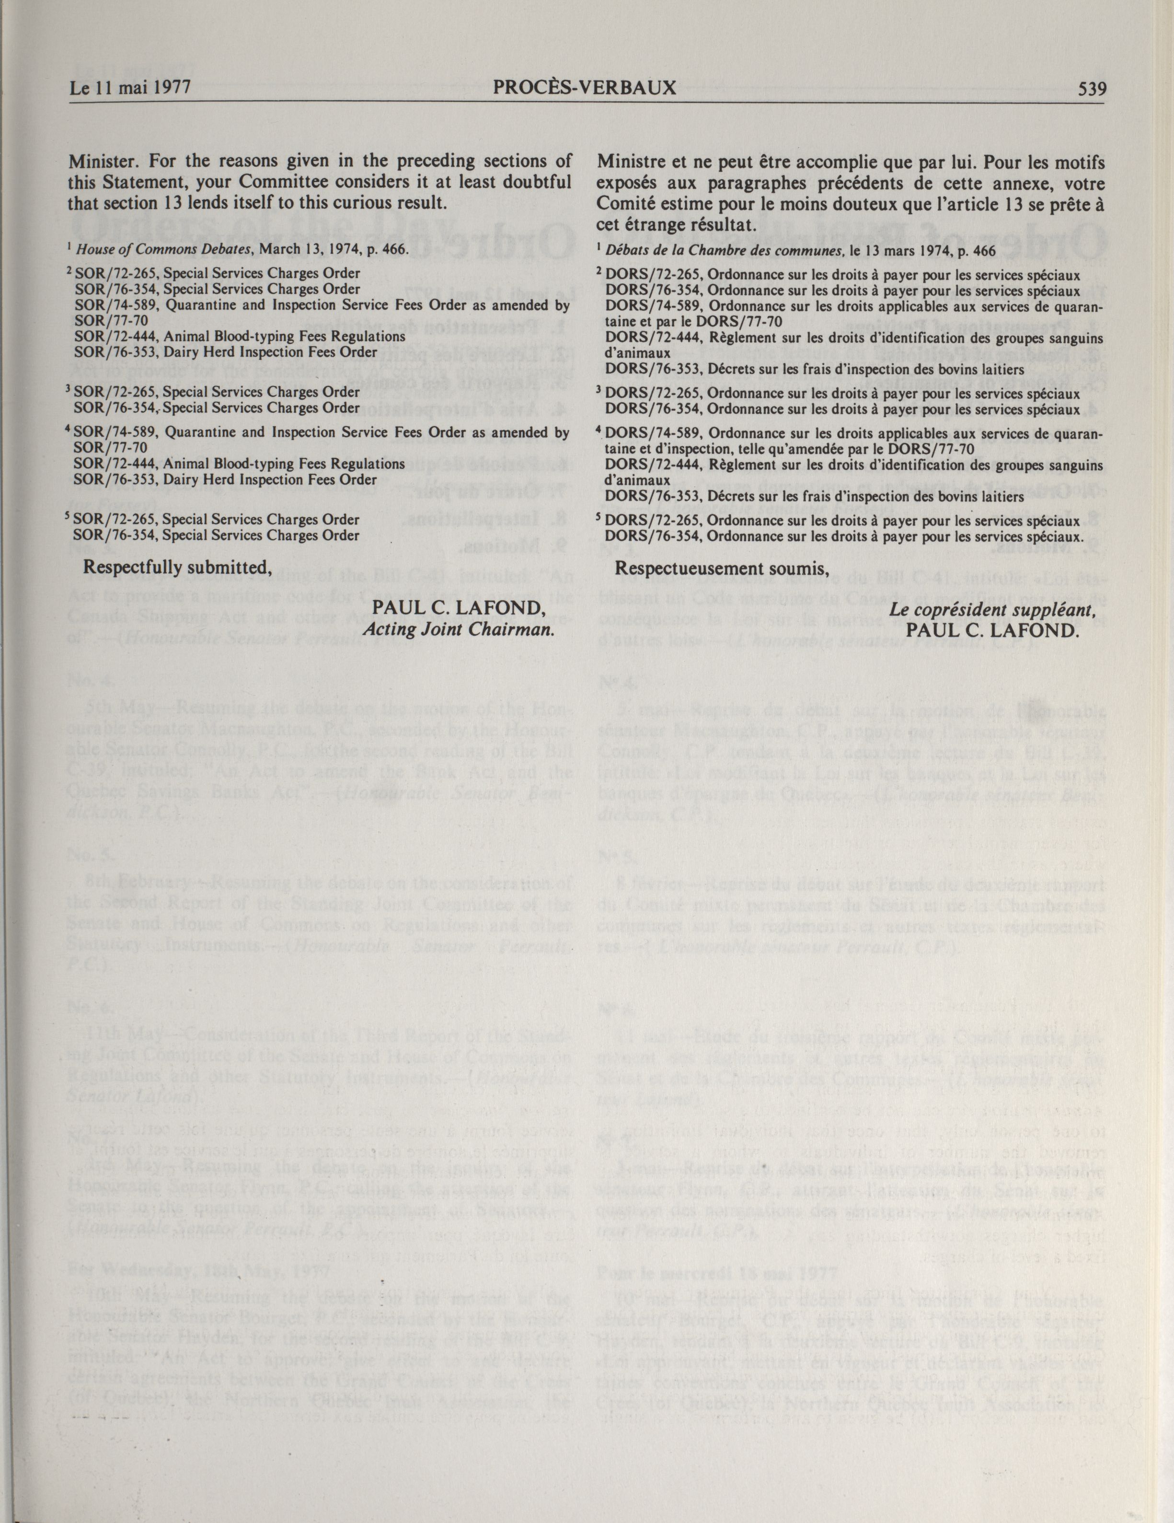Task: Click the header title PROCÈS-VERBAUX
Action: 584,89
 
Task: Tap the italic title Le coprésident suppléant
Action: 991,609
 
